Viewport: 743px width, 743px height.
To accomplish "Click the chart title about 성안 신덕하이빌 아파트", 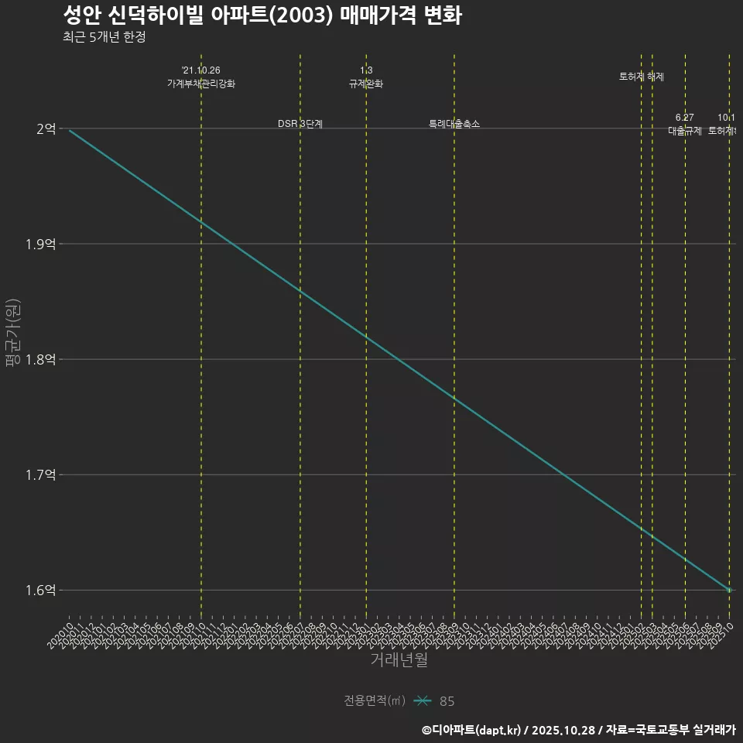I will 262,15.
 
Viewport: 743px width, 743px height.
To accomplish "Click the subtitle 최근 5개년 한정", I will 104,36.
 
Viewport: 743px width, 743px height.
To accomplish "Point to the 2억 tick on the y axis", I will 46,129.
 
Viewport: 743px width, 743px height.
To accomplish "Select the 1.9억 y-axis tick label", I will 40,245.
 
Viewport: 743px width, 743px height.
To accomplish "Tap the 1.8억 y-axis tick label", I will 40,360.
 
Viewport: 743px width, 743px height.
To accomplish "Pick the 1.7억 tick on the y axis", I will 40,475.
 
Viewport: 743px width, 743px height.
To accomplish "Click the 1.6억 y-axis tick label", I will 40,591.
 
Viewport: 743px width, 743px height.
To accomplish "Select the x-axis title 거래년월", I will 399,660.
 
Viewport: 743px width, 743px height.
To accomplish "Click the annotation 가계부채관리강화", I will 201,84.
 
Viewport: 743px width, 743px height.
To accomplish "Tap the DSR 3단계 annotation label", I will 300,124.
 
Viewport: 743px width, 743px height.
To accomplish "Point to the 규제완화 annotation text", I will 366,84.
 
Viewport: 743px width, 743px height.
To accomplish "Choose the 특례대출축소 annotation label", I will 454,124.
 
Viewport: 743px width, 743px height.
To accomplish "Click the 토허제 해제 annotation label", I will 642,77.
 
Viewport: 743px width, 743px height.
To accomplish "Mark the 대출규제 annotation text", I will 685,131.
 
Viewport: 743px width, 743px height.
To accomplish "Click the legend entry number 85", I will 447,701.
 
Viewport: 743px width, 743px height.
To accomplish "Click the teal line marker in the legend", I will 422,701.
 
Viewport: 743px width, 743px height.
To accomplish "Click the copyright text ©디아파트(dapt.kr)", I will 471,729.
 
